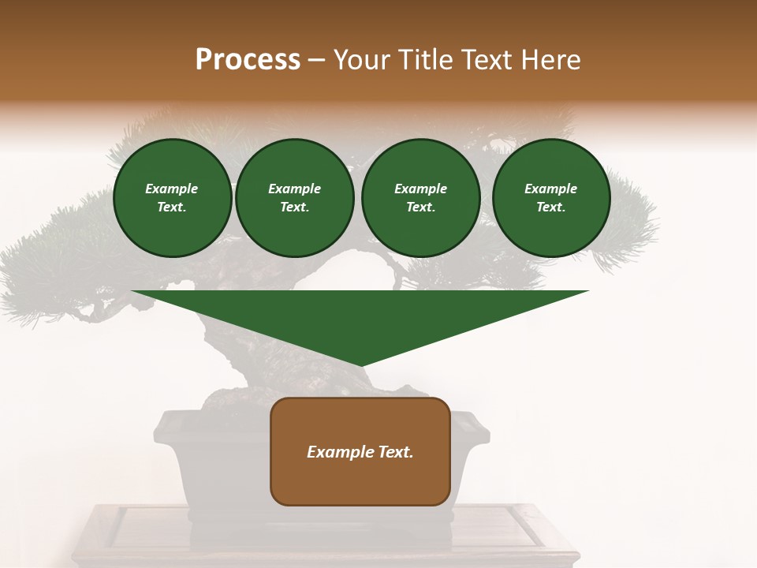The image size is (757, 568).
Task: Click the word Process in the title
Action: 248,60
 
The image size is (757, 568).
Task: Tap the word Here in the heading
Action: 551,60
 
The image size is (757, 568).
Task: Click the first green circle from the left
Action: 172,198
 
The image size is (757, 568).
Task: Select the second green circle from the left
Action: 295,198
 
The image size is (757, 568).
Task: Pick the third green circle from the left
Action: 421,198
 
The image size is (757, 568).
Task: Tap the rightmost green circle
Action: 551,198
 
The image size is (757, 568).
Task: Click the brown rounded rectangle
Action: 360,451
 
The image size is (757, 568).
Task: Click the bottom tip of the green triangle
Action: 360,365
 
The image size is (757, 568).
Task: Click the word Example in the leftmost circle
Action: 172,189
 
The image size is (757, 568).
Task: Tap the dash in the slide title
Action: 316,61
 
